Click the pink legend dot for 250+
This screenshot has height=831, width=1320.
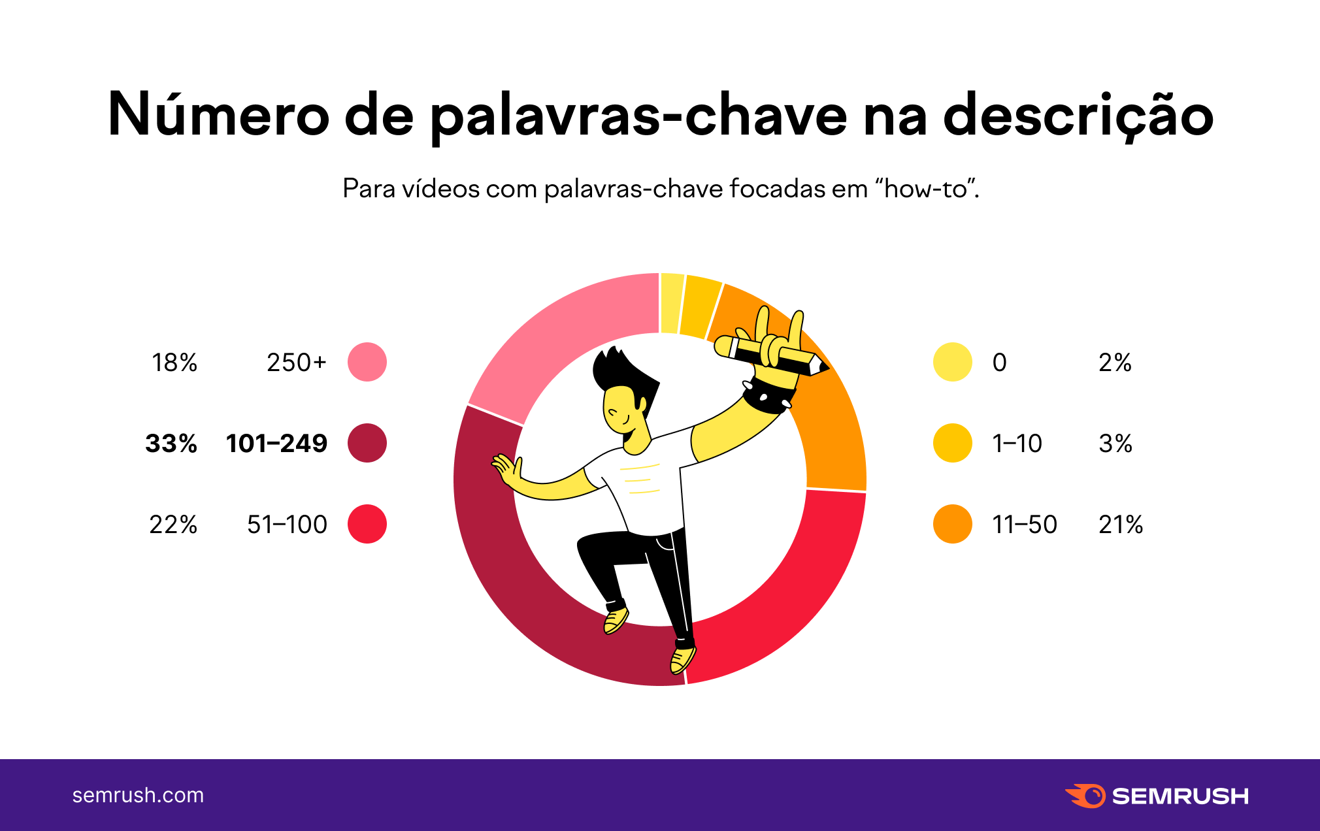click(367, 362)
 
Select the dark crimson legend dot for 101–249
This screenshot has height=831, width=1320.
click(367, 443)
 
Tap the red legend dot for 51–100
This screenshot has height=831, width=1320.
click(367, 524)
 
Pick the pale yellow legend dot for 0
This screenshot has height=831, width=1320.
click(952, 362)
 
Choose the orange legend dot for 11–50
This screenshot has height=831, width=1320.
click(952, 524)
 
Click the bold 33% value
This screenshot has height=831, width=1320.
click(171, 444)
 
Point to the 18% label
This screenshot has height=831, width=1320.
click(174, 363)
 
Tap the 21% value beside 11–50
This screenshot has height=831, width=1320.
click(1120, 525)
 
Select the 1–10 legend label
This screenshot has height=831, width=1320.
click(1017, 444)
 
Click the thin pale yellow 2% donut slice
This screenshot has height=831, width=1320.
click(671, 302)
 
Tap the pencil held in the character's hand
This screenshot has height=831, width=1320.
click(771, 355)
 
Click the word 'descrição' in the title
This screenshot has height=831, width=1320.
click(1078, 115)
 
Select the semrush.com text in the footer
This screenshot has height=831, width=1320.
click(138, 795)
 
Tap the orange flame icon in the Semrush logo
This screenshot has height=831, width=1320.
click(1085, 796)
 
